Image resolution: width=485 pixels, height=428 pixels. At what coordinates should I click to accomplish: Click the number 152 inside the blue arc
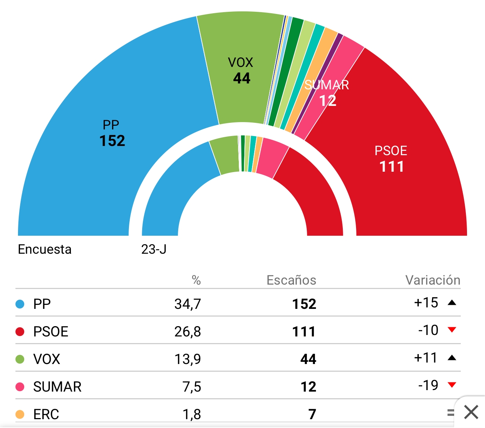pos(112,141)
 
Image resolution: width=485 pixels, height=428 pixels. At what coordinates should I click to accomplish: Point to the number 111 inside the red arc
pos(392,167)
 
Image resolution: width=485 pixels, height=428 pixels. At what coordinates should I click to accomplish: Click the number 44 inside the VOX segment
pos(242,78)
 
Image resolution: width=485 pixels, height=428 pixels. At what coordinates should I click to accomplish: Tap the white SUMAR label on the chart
pos(327,85)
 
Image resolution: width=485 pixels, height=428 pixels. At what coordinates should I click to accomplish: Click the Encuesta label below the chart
pos(45,249)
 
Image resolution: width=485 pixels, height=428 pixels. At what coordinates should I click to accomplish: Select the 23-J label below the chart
pos(154,249)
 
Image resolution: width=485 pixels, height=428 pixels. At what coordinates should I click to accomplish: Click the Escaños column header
pos(291,280)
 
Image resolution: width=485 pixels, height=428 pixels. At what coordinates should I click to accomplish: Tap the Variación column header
pos(433,280)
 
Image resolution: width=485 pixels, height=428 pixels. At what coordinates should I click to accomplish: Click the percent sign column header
pos(196,281)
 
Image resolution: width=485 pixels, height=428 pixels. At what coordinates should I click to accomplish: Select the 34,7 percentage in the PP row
pos(188,304)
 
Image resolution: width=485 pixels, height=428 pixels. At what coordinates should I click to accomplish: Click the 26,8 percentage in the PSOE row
pos(188,332)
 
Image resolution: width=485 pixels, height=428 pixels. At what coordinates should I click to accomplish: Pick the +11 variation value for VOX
pos(425,358)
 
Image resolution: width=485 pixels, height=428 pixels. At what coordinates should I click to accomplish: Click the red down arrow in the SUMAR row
pos(452,385)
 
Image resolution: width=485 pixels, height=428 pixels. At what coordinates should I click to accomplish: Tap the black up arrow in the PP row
pos(452,303)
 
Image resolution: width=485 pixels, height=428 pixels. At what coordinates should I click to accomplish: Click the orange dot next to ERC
pos(20,414)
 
